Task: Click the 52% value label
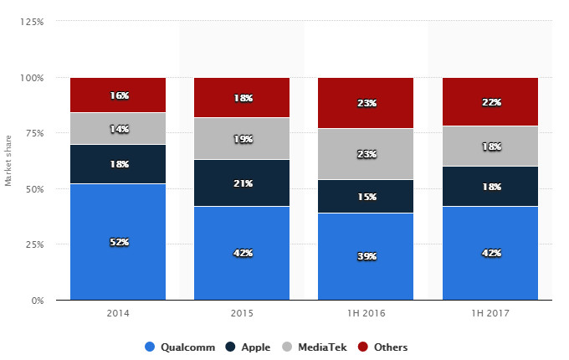[118, 243]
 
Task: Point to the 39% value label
[366, 257]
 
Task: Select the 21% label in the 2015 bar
[242, 183]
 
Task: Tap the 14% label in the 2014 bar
[118, 128]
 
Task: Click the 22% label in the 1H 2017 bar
[490, 102]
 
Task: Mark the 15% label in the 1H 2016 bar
[366, 197]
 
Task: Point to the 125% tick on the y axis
[33, 22]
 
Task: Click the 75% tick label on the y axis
[36, 133]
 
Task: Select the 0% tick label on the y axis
[38, 300]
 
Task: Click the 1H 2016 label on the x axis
[366, 314]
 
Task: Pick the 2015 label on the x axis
[242, 314]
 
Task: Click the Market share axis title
[8, 161]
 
